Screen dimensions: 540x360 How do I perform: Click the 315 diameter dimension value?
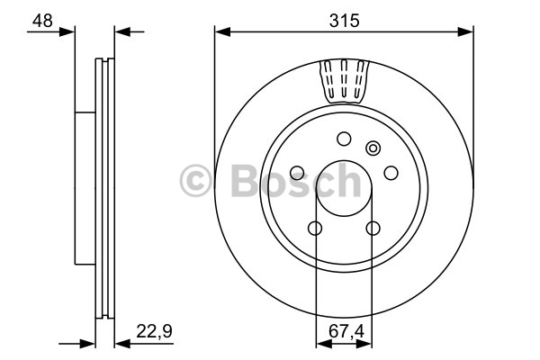[x=344, y=21]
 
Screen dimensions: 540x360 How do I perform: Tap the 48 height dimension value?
[x=42, y=21]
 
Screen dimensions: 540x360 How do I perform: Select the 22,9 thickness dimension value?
[x=154, y=331]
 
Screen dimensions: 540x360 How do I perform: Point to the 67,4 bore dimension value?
[x=346, y=331]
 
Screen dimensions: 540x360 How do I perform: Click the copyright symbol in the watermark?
[x=195, y=181]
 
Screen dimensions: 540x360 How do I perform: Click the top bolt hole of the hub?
[x=344, y=139]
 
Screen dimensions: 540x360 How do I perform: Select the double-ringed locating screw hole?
[x=373, y=148]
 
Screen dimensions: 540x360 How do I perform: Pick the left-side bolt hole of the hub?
[x=297, y=173]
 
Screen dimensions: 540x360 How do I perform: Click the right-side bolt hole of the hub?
[x=391, y=173]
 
